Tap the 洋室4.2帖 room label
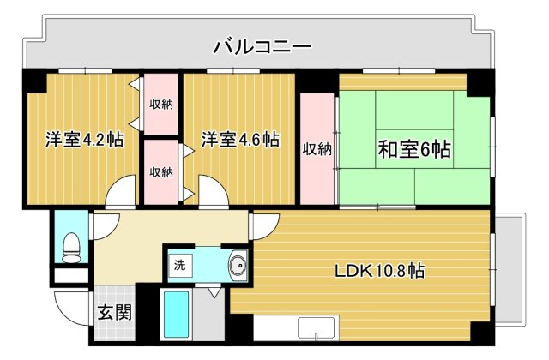click(x=84, y=139)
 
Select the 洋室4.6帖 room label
click(x=240, y=139)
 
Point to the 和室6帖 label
click(x=414, y=149)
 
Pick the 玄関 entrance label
click(x=114, y=312)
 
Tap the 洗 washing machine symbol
click(x=179, y=265)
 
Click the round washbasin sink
click(x=237, y=266)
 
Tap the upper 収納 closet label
click(x=161, y=105)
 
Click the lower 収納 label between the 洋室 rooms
click(x=161, y=171)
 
